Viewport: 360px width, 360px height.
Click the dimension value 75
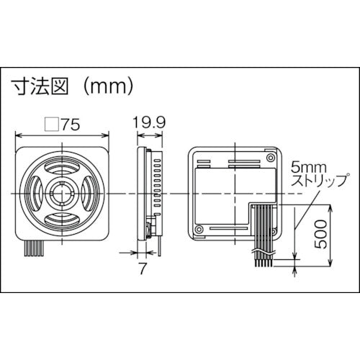point(71,125)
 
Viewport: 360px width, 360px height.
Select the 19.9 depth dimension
point(150,123)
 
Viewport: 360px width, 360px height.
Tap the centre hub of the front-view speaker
point(63,194)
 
